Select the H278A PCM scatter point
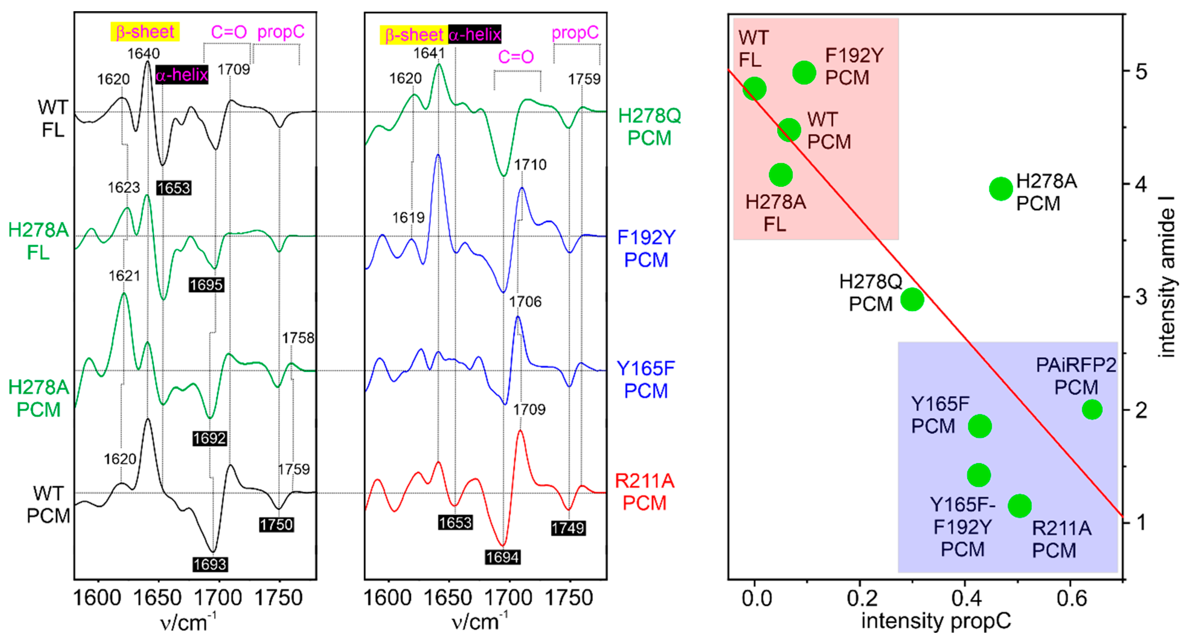pyautogui.click(x=1001, y=188)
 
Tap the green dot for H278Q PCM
pyautogui.click(x=912, y=299)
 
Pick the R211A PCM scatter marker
pyautogui.click(x=1019, y=506)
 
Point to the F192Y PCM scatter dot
pyautogui.click(x=804, y=72)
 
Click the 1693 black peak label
pyautogui.click(x=210, y=564)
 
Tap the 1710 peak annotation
pyautogui.click(x=530, y=165)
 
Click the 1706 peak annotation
pyautogui.click(x=525, y=302)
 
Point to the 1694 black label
pyautogui.click(x=502, y=557)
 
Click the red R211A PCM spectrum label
pyautogui.click(x=645, y=492)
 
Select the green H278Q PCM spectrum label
pyautogui.click(x=649, y=127)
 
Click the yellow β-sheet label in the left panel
pyautogui.click(x=145, y=32)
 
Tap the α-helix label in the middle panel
pyautogui.click(x=474, y=35)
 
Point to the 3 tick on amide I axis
pyautogui.click(x=1141, y=297)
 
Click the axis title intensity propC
pyautogui.click(x=936, y=621)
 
